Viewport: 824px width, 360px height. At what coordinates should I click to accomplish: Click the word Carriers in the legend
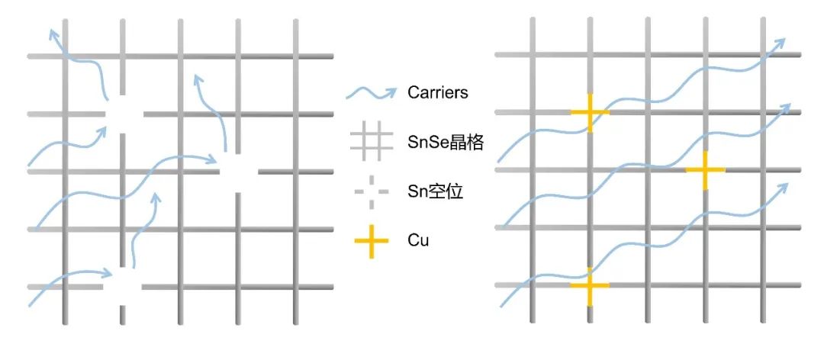[x=437, y=93]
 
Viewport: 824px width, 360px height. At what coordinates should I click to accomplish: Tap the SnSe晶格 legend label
[x=446, y=142]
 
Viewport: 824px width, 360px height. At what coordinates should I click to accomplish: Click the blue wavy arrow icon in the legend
[x=372, y=92]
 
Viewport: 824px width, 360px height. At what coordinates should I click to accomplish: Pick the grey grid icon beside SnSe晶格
[x=372, y=142]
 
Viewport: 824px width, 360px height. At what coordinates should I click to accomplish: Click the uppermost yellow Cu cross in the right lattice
[x=590, y=113]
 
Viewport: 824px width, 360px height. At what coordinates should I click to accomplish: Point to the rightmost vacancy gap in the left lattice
[x=238, y=172]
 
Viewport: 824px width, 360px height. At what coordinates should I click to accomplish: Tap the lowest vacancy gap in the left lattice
[x=123, y=287]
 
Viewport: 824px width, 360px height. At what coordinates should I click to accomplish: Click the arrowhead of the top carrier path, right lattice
[x=780, y=43]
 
